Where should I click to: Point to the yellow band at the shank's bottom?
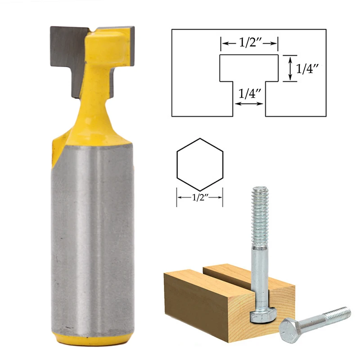tap(92, 338)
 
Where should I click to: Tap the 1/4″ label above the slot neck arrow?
tap(249, 93)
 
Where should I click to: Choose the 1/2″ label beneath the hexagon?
tap(200, 197)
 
